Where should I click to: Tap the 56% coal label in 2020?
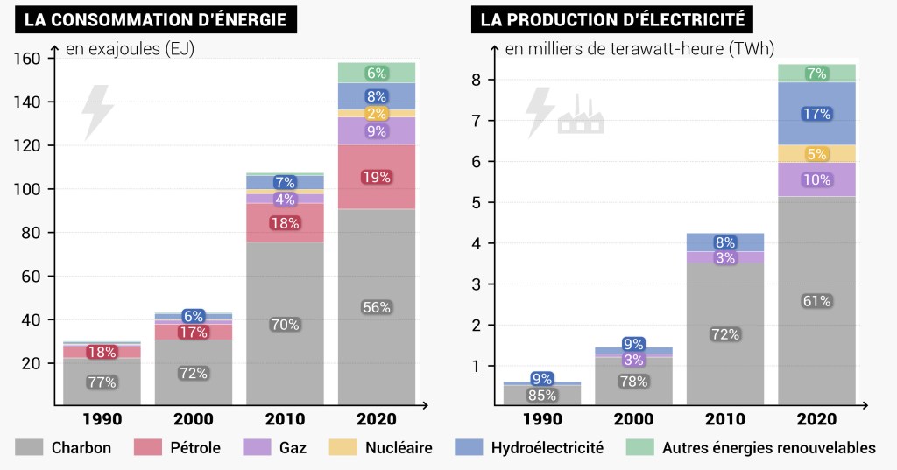tap(376, 307)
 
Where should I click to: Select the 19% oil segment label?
tap(376, 177)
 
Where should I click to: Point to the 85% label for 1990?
tap(541, 395)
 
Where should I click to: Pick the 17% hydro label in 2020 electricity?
tap(816, 114)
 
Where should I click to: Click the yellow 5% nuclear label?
tap(816, 154)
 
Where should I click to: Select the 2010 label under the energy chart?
tap(285, 419)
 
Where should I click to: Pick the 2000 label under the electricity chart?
tap(633, 419)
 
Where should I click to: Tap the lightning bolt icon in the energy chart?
tap(96, 112)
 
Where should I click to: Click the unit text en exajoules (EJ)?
tap(130, 49)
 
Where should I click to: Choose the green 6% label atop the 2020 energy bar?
tap(376, 74)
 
